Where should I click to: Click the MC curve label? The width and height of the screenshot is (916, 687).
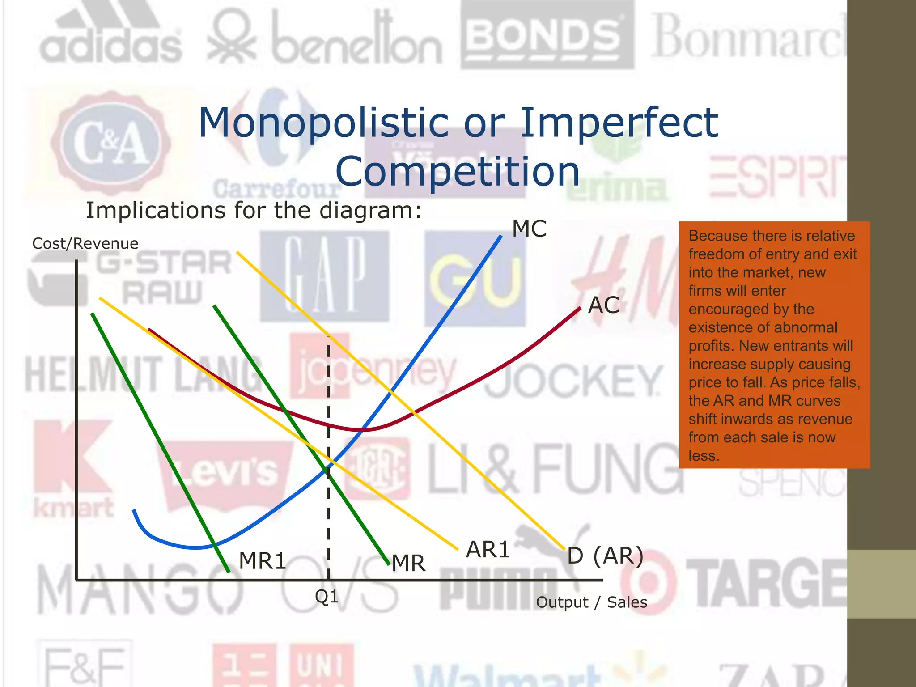point(529,229)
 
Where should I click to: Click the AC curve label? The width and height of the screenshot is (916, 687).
point(603,305)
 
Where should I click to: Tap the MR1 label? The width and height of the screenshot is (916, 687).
point(262,561)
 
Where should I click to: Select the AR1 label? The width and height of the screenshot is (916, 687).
point(488,550)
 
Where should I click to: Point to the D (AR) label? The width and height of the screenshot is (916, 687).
point(605,556)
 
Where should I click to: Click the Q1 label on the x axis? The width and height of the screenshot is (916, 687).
point(327,597)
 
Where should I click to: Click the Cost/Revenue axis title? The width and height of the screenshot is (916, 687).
point(85,244)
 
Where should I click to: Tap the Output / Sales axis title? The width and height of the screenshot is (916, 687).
point(591,602)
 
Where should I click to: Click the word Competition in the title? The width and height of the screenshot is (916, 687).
point(458,171)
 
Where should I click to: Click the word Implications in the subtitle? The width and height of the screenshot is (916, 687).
point(155,210)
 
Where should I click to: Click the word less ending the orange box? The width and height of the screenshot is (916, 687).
point(703,456)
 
